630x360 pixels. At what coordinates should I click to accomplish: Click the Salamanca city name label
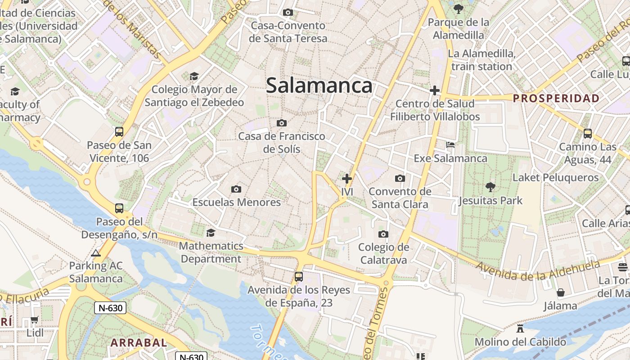(319, 85)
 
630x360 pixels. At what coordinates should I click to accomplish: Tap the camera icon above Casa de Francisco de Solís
(282, 123)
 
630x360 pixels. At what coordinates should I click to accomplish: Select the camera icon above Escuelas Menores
(236, 189)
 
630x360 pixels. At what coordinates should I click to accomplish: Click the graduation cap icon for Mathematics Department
(210, 233)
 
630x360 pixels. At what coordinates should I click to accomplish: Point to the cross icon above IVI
(346, 178)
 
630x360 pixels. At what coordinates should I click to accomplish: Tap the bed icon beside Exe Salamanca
(450, 145)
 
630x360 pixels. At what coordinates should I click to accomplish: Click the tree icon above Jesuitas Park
(490, 187)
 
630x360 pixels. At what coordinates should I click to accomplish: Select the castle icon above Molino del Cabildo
(520, 328)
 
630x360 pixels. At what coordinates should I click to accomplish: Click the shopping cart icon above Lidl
(35, 320)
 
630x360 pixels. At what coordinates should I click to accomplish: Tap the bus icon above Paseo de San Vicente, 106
(119, 132)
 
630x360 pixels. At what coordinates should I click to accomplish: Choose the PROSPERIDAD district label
(556, 98)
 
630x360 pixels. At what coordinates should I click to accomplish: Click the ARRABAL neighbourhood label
(139, 342)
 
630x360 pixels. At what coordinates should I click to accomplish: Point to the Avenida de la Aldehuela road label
(538, 269)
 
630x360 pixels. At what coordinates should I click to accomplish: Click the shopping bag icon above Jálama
(560, 293)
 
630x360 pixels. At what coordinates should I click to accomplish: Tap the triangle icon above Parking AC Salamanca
(95, 253)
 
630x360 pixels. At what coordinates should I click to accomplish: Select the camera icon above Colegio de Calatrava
(383, 234)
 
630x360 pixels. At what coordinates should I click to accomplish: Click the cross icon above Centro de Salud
(434, 90)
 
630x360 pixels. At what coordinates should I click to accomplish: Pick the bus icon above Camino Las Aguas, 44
(588, 133)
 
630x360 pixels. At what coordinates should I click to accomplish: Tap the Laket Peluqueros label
(556, 177)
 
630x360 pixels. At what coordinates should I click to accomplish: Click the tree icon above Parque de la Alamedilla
(458, 9)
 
